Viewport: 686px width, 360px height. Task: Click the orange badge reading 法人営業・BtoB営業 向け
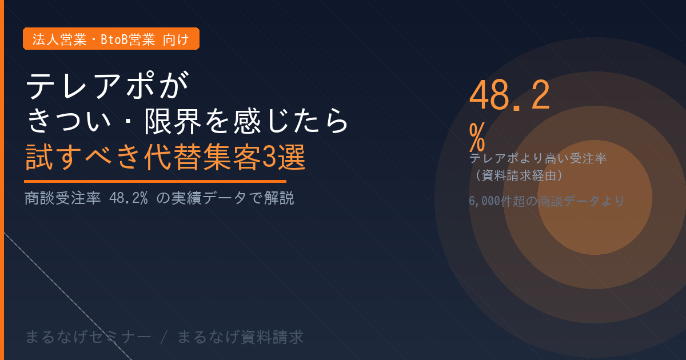click(x=111, y=39)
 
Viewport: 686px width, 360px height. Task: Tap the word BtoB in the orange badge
click(x=114, y=39)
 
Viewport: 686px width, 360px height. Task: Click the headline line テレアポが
click(x=107, y=85)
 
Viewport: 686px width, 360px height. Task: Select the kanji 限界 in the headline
click(x=173, y=121)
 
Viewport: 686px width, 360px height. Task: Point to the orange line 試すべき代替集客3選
click(x=165, y=157)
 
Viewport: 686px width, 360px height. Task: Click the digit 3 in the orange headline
click(x=269, y=157)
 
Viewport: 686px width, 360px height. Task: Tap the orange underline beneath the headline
click(x=155, y=182)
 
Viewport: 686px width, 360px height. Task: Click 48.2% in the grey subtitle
click(x=129, y=198)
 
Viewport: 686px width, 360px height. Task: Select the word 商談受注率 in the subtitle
click(x=63, y=198)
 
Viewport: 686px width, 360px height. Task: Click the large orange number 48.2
click(x=509, y=95)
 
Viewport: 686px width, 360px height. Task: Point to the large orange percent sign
click(x=477, y=137)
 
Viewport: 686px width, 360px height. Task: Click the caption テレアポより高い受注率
click(x=538, y=159)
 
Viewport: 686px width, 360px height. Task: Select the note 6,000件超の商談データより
click(x=547, y=201)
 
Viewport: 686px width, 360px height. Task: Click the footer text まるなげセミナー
click(x=88, y=337)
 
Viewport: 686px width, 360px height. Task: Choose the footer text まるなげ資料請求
click(x=241, y=337)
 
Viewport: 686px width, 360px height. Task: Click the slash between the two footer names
click(x=165, y=337)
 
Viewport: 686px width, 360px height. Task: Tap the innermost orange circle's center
click(x=595, y=198)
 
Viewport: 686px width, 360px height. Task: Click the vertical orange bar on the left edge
click(x=2, y=180)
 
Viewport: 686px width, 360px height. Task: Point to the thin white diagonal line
click(x=67, y=297)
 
